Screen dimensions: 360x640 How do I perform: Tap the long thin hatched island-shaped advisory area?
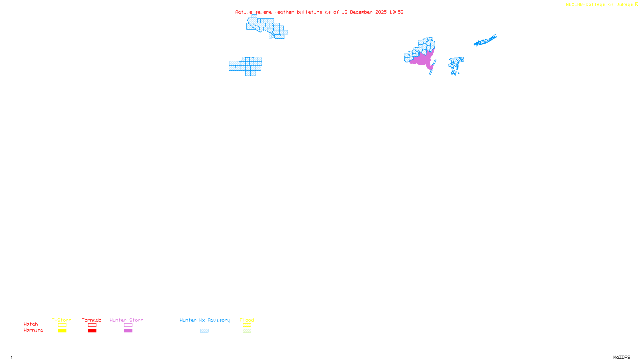pyautogui.click(x=485, y=41)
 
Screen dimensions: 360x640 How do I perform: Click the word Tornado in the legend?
pyautogui.click(x=92, y=320)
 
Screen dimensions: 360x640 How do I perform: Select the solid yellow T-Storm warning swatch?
pyautogui.click(x=62, y=331)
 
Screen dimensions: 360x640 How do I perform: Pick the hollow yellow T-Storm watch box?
pyautogui.click(x=62, y=325)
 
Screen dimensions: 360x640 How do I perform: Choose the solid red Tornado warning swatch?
pyautogui.click(x=92, y=331)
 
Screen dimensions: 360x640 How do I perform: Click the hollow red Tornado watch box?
pyautogui.click(x=92, y=325)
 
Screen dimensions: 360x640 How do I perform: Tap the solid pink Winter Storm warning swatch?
pyautogui.click(x=128, y=331)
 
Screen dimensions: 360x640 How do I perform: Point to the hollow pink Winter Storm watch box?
pyautogui.click(x=128, y=325)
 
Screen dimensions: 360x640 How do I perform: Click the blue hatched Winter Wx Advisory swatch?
pyautogui.click(x=204, y=331)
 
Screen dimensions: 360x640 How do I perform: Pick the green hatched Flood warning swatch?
pyautogui.click(x=247, y=331)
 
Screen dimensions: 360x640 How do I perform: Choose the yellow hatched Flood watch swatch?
pyautogui.click(x=247, y=325)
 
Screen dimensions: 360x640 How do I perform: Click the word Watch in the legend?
pyautogui.click(x=31, y=324)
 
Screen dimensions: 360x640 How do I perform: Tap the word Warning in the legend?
pyautogui.click(x=33, y=330)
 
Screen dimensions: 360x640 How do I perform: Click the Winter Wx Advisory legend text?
pyautogui.click(x=205, y=320)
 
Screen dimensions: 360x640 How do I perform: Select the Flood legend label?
pyautogui.click(x=247, y=320)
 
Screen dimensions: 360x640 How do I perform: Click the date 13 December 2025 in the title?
pyautogui.click(x=364, y=12)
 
